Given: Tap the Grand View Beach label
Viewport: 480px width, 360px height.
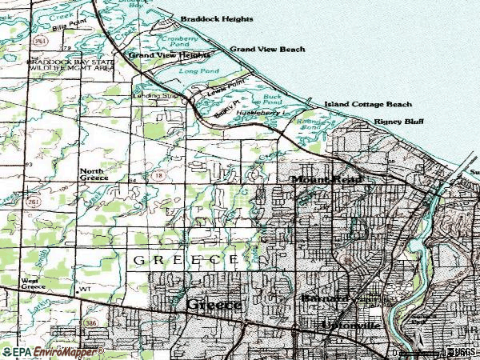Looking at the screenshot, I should [x=267, y=50].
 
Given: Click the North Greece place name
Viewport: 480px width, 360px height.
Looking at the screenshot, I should [x=94, y=175].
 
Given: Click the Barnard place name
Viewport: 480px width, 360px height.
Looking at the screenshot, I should [x=325, y=298].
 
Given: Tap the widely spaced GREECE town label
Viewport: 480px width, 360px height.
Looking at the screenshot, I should [x=185, y=261].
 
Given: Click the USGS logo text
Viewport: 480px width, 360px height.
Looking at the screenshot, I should [x=462, y=352].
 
